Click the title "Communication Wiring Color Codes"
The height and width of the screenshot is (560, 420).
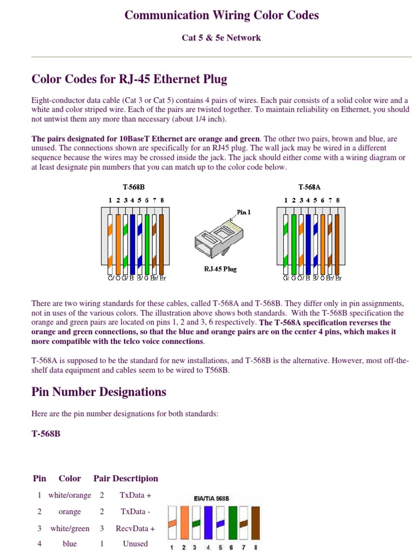pos(221,15)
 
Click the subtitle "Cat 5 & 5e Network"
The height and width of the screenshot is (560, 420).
pos(221,38)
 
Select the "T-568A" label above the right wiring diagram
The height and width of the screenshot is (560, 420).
pos(310,187)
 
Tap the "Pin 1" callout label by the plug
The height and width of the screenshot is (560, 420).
pos(244,212)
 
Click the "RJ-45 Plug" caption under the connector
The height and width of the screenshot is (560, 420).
pos(220,269)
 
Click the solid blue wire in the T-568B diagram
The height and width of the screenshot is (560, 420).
pos(132,243)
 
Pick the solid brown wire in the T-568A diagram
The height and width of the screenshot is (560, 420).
pos(337,243)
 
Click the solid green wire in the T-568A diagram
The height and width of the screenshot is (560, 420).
pos(294,243)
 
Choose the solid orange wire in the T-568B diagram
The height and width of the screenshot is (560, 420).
pos(118,243)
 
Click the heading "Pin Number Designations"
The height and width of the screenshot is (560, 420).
pos(99,392)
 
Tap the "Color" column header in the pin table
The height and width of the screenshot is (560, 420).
pos(69,479)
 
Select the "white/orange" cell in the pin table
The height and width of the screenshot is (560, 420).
pos(69,495)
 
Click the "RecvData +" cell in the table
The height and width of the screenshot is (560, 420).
pos(135,529)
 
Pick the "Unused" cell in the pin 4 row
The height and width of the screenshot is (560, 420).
pos(135,544)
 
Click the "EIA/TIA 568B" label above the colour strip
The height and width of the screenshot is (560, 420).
pos(211,498)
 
